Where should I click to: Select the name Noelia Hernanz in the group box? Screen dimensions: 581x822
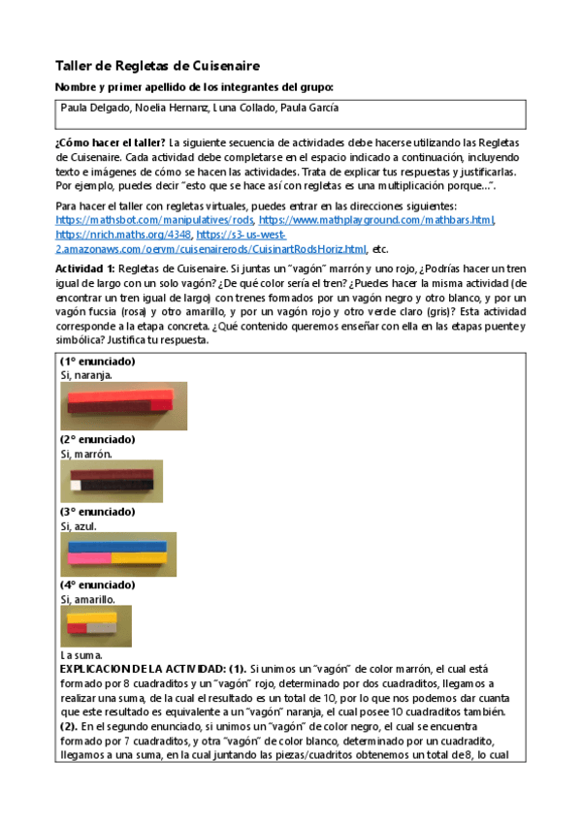point(167,109)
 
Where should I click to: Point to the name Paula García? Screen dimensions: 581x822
point(308,109)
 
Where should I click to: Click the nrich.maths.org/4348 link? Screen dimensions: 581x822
point(122,235)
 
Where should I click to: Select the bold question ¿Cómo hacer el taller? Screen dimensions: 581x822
point(111,142)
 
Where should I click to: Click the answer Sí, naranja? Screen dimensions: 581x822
point(86,374)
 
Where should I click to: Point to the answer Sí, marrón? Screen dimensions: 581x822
point(85,453)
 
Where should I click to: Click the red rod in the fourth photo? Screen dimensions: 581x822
point(77,630)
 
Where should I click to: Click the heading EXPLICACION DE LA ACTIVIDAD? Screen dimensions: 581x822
point(142,669)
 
